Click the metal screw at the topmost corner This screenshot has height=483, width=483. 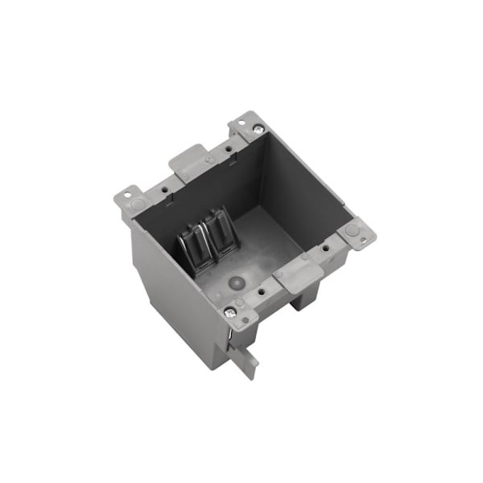[x=258, y=129]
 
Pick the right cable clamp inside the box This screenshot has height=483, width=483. [x=217, y=233]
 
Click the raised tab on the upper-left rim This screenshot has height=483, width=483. [x=188, y=161]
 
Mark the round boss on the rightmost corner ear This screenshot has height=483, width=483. [x=352, y=229]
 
